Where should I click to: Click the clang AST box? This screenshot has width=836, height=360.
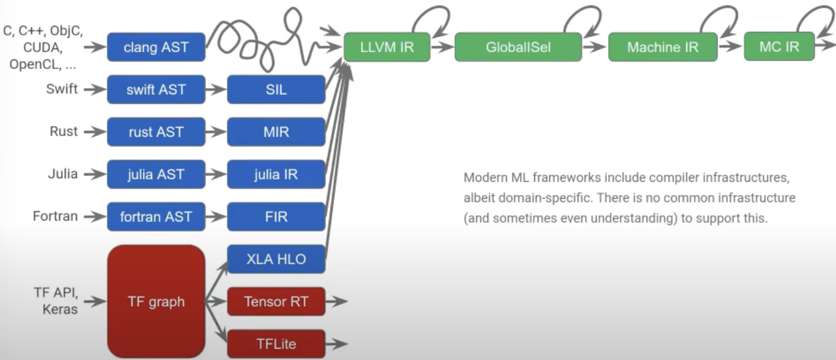pyautogui.click(x=156, y=47)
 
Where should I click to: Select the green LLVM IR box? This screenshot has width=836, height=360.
pyautogui.click(x=387, y=47)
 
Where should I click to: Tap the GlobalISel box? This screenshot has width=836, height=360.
pyautogui.click(x=518, y=47)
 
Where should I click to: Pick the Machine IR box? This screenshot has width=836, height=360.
pyautogui.click(x=663, y=47)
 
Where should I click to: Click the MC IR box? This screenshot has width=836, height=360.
pyautogui.click(x=779, y=47)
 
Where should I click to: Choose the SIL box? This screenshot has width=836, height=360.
pyautogui.click(x=276, y=89)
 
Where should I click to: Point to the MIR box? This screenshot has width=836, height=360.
pyautogui.click(x=276, y=132)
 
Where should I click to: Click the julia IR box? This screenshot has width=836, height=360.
pyautogui.click(x=276, y=175)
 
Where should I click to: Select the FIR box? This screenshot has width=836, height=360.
pyautogui.click(x=276, y=217)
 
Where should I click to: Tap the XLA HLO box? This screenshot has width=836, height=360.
pyautogui.click(x=276, y=259)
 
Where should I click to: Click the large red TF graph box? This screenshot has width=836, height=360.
pyautogui.click(x=156, y=301)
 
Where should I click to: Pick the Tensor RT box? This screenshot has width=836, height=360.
pyautogui.click(x=276, y=301)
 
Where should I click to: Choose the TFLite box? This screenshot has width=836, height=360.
pyautogui.click(x=276, y=344)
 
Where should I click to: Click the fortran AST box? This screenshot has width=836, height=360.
pyautogui.click(x=156, y=217)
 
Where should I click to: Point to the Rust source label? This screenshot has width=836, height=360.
pyautogui.click(x=64, y=131)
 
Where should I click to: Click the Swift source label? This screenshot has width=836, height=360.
pyautogui.click(x=62, y=89)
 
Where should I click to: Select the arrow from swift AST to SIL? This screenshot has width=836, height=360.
pyautogui.click(x=216, y=89)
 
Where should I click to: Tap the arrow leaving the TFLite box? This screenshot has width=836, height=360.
pyautogui.click(x=336, y=344)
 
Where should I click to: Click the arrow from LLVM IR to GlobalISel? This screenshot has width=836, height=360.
pyautogui.click(x=442, y=47)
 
